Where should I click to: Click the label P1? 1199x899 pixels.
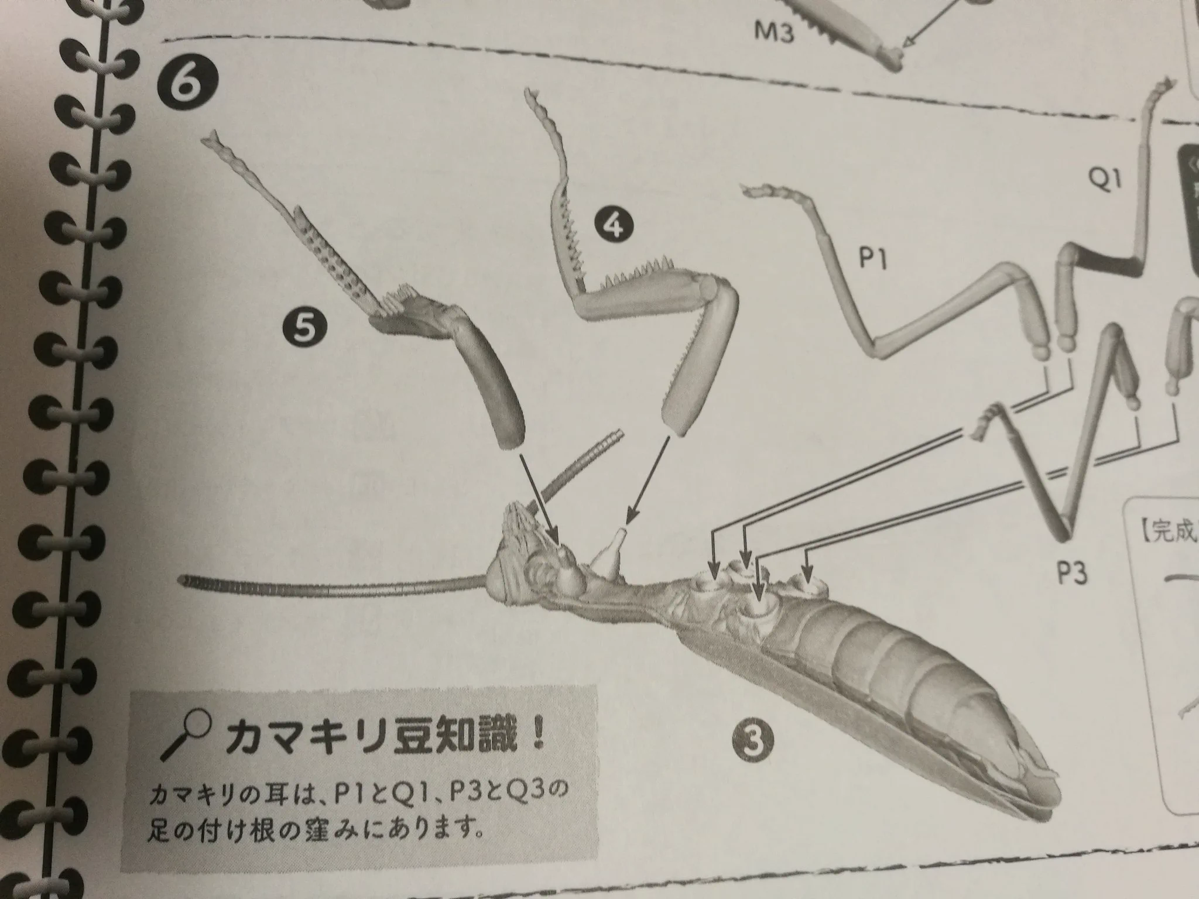(873, 258)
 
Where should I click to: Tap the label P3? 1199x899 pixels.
(1072, 574)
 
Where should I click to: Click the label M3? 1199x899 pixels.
(773, 33)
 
